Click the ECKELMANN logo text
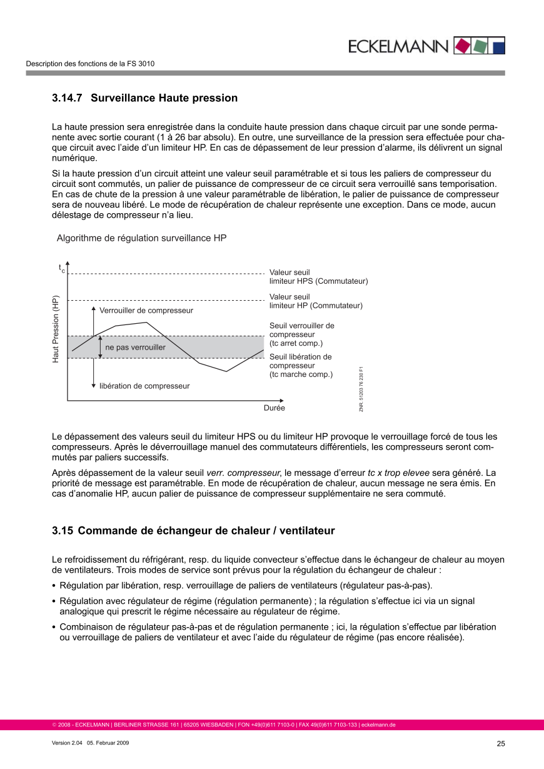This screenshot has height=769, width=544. (398, 46)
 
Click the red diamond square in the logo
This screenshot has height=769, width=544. (461, 46)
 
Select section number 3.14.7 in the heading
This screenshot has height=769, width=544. (69, 98)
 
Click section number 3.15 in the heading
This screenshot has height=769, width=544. (63, 531)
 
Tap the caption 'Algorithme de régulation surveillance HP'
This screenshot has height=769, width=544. (141, 238)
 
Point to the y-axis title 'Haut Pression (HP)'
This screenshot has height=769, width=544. (56, 329)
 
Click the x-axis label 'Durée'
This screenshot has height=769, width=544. (274, 408)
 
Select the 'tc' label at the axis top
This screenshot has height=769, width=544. (62, 269)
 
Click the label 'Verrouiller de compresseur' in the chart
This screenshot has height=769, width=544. (146, 311)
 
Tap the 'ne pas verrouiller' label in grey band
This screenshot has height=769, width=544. (135, 347)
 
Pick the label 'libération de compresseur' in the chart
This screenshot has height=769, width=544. (144, 386)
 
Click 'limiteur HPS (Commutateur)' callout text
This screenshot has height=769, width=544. (318, 281)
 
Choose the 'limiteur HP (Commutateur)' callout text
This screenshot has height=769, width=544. (316, 306)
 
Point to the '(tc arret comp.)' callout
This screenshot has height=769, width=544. (296, 343)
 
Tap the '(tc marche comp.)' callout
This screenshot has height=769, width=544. (301, 374)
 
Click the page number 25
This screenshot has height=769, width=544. (501, 743)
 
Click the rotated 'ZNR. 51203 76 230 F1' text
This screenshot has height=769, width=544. (361, 388)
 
